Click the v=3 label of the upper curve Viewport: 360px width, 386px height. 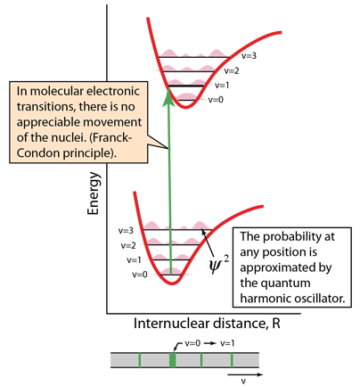[x=249, y=55]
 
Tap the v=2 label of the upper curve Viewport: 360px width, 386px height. [x=232, y=70]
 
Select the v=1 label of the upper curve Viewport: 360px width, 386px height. [x=222, y=86]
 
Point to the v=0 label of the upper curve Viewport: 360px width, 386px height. [x=216, y=100]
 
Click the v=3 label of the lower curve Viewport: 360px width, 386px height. [x=126, y=231]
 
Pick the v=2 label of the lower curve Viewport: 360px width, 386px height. [x=128, y=245]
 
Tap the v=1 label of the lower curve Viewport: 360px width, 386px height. [x=134, y=260]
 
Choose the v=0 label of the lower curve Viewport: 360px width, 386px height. [x=140, y=275]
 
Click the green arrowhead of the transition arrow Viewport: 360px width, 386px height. [x=168, y=96]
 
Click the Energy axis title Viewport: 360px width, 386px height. [x=94, y=193]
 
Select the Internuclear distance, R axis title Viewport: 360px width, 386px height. [x=207, y=324]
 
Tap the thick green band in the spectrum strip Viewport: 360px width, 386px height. [x=173, y=360]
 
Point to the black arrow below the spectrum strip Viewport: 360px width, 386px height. [x=245, y=374]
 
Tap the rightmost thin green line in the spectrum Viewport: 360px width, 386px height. [x=232, y=360]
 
